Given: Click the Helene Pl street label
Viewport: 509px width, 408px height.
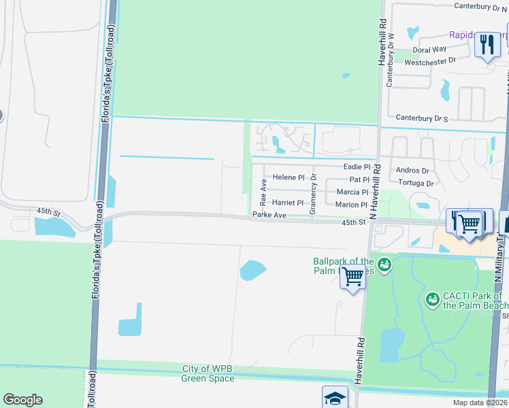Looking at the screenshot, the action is pyautogui.click(x=294, y=177).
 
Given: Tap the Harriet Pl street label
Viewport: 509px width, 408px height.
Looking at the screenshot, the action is pyautogui.click(x=288, y=203).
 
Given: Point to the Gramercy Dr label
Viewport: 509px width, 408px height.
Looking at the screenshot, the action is pyautogui.click(x=313, y=194).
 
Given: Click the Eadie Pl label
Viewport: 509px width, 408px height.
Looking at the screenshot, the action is pyautogui.click(x=357, y=167).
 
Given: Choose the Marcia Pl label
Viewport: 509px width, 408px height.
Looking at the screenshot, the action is pyautogui.click(x=352, y=192).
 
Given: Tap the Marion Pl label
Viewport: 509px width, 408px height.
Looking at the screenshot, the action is pyautogui.click(x=351, y=205).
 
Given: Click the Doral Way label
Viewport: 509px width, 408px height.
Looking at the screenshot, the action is pyautogui.click(x=430, y=50).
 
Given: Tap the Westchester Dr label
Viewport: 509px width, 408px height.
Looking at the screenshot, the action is pyautogui.click(x=429, y=61).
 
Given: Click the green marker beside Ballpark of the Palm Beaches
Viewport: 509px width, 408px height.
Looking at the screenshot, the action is pyautogui.click(x=384, y=263).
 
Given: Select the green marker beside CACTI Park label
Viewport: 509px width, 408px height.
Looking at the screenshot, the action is pyautogui.click(x=431, y=299).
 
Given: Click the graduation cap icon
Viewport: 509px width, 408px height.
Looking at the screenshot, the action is pyautogui.click(x=335, y=398).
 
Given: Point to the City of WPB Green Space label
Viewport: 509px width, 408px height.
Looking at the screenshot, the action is pyautogui.click(x=208, y=373).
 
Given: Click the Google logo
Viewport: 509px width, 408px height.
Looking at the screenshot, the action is pyautogui.click(x=22, y=400).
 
